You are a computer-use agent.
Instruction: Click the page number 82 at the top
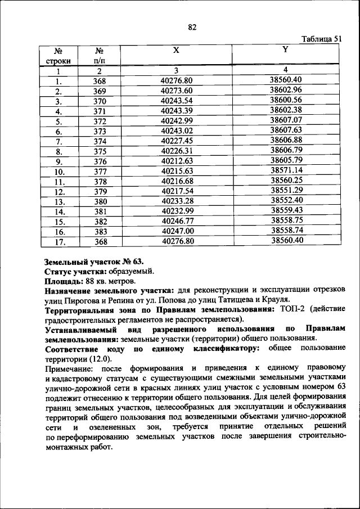coord(192,26)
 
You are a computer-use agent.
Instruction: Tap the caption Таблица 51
coord(321,39)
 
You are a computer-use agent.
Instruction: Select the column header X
coord(176,50)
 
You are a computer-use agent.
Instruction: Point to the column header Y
coord(285,49)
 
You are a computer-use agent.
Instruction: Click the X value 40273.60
coord(176,90)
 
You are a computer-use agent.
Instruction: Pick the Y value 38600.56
coord(286,100)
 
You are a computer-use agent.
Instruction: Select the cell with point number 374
coord(100,141)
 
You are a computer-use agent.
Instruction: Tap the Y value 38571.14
coord(286,170)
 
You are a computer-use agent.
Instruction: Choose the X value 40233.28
coord(177,201)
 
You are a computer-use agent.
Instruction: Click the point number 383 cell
coord(100,231)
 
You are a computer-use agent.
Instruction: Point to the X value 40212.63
coord(177,161)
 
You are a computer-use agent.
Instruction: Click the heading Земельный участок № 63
coord(94,262)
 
